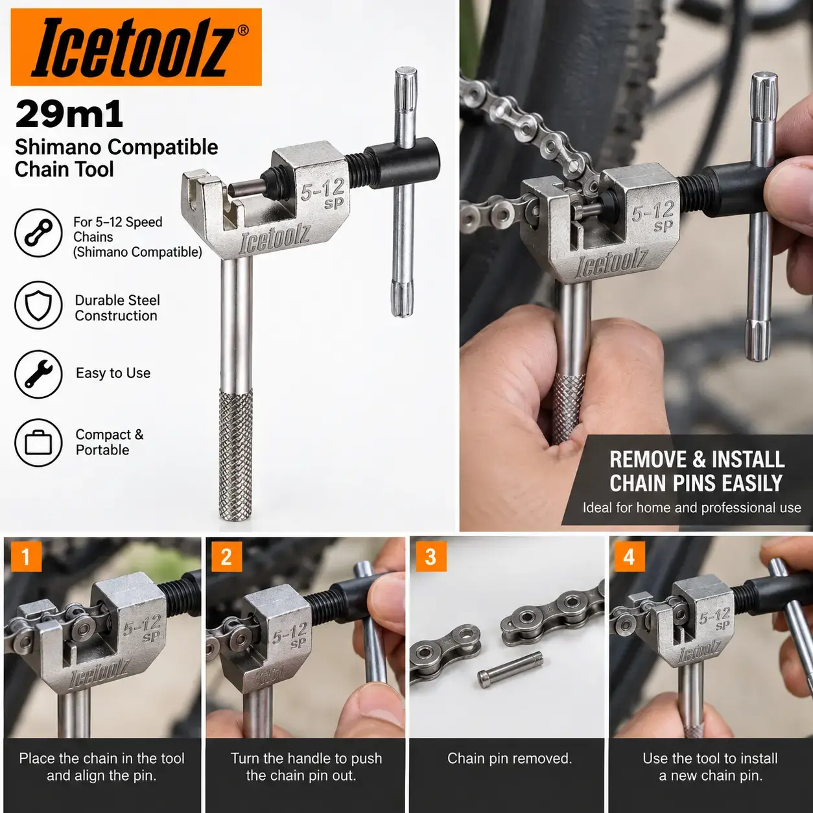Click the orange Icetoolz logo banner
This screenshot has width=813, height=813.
[136, 47]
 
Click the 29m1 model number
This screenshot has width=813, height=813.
[69, 114]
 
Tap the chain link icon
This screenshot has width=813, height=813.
[38, 233]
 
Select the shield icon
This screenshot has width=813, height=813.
[38, 305]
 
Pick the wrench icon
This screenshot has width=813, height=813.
[38, 374]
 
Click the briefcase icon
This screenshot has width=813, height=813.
[38, 443]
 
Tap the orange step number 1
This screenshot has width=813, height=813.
[26, 556]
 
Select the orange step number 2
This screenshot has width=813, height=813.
[226, 556]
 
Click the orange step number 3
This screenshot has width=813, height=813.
[430, 556]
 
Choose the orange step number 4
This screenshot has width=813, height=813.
[629, 556]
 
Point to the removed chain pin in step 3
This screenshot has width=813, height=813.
[510, 669]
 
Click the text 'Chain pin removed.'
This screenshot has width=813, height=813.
[510, 758]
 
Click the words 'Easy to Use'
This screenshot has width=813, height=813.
[113, 373]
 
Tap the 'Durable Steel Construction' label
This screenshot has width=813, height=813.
[117, 308]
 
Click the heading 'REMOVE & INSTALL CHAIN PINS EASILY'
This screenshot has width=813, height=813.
[696, 471]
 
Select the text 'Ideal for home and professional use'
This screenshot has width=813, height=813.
[692, 508]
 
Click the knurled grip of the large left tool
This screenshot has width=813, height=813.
[236, 454]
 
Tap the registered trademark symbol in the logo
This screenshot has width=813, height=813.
[243, 30]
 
